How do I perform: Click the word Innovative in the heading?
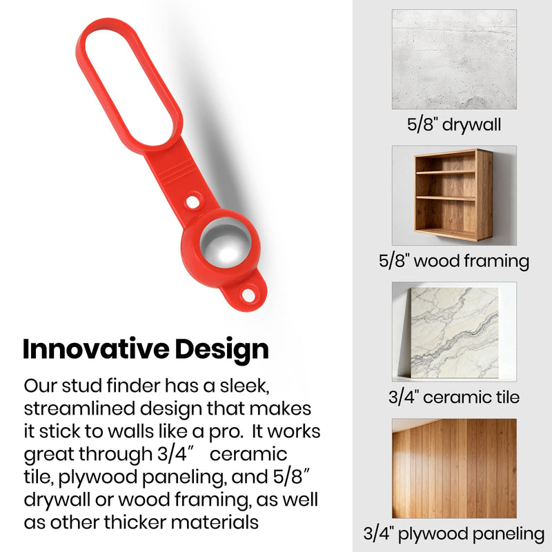click(x=96, y=349)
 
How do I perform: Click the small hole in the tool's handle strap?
click(x=193, y=202)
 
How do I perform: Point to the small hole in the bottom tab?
click(x=249, y=295)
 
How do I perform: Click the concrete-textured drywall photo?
click(x=454, y=59)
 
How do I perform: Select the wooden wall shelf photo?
click(x=454, y=195)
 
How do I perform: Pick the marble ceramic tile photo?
click(x=454, y=332)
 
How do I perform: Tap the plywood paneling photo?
click(x=454, y=469)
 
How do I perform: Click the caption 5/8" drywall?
click(x=454, y=125)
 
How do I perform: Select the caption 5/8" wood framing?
click(x=454, y=262)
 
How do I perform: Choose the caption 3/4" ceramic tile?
click(x=454, y=397)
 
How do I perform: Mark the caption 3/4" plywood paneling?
click(x=454, y=534)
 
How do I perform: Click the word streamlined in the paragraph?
click(x=79, y=408)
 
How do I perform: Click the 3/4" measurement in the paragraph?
click(x=176, y=454)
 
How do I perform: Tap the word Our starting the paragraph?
click(x=41, y=386)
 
